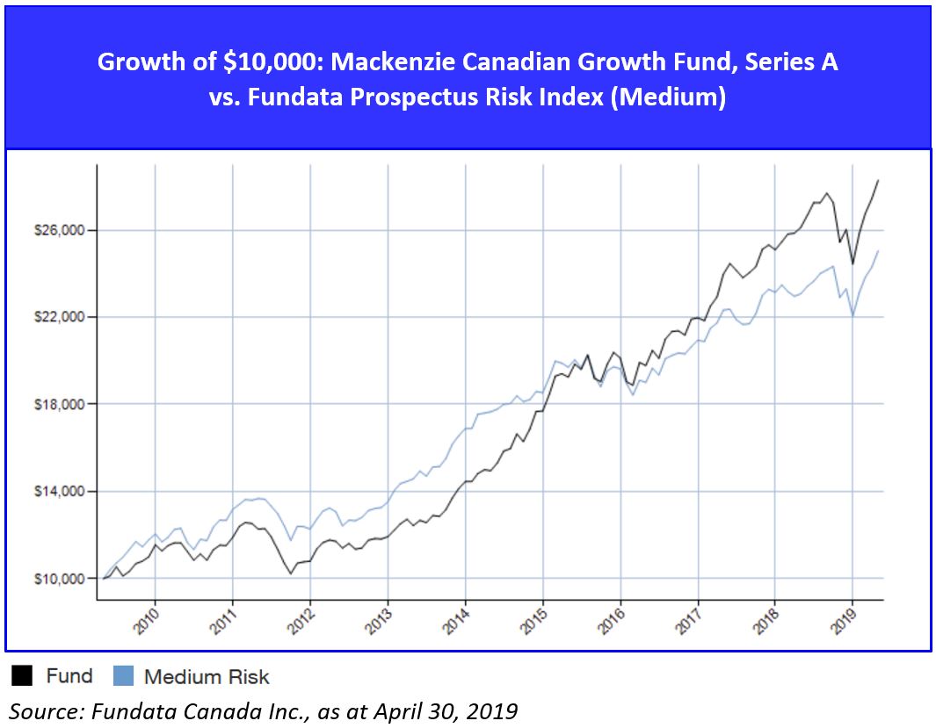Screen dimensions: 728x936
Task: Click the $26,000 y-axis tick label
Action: coord(58,230)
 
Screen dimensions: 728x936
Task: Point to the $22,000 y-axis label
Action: coord(58,317)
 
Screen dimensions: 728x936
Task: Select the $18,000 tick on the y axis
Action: coord(58,404)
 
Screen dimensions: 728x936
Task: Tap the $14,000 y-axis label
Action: coord(58,491)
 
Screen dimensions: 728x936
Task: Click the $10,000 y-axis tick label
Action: coord(58,579)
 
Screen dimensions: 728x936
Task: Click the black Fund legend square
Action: coord(23,676)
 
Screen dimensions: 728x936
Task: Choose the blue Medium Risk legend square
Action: coord(123,676)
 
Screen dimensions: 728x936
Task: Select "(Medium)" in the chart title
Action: coord(671,97)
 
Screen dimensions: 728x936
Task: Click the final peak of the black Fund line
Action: coord(878,180)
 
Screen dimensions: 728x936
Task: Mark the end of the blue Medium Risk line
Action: coord(878,251)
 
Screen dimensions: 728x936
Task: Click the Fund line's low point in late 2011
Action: coord(291,573)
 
